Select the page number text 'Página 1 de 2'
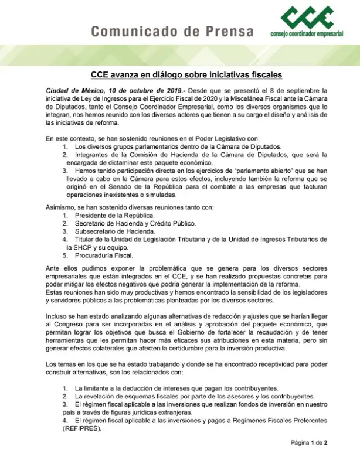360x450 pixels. click(318, 442)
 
